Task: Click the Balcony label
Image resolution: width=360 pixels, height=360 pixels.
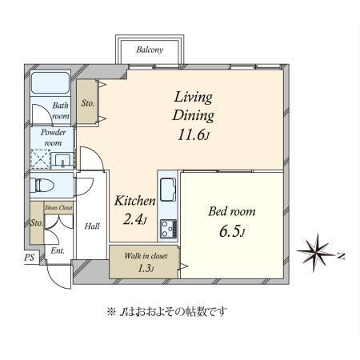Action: tap(150, 50)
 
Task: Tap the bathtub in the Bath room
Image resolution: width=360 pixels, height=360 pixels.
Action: tap(50, 82)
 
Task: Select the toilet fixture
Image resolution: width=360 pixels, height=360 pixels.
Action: tap(42, 185)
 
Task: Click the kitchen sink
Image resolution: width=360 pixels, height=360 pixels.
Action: tap(168, 190)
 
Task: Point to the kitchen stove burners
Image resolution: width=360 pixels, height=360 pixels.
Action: tap(168, 229)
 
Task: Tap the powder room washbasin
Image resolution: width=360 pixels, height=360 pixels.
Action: tap(62, 161)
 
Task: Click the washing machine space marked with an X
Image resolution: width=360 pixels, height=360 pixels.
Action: tap(40, 159)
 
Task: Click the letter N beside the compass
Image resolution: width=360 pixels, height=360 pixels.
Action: tap(341, 256)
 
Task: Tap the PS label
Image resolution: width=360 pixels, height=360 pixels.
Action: tap(30, 258)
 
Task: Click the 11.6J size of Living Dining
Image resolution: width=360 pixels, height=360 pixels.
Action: tap(193, 135)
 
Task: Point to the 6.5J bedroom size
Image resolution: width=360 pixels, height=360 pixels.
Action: tap(232, 231)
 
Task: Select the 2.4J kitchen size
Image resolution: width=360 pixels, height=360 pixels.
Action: tap(134, 219)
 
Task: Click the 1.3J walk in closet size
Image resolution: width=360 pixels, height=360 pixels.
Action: tap(146, 268)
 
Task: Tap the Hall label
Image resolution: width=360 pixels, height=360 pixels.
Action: tap(92, 226)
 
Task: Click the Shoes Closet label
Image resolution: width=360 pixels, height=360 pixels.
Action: tap(58, 207)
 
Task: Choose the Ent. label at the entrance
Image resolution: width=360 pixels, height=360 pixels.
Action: tap(58, 250)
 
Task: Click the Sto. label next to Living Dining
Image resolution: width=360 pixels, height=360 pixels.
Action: tap(88, 103)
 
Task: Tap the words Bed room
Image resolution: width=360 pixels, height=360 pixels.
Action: tap(232, 212)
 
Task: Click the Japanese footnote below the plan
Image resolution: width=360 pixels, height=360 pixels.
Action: tap(167, 312)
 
